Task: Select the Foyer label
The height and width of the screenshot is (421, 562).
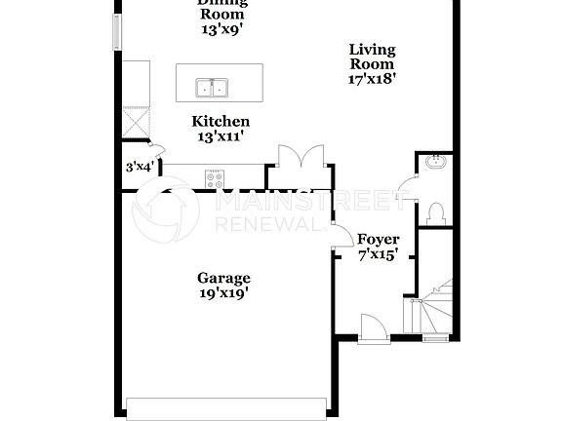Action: pos(378,239)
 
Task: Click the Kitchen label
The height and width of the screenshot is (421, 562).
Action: pos(221,121)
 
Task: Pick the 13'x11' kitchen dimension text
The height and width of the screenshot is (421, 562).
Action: pos(221,136)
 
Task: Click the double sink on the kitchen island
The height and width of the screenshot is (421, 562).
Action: pos(211,88)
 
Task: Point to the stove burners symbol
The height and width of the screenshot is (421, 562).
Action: pos(214,177)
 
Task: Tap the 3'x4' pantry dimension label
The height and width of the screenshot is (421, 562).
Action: pos(140,167)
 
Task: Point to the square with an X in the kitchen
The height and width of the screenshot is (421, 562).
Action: pos(135,122)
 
